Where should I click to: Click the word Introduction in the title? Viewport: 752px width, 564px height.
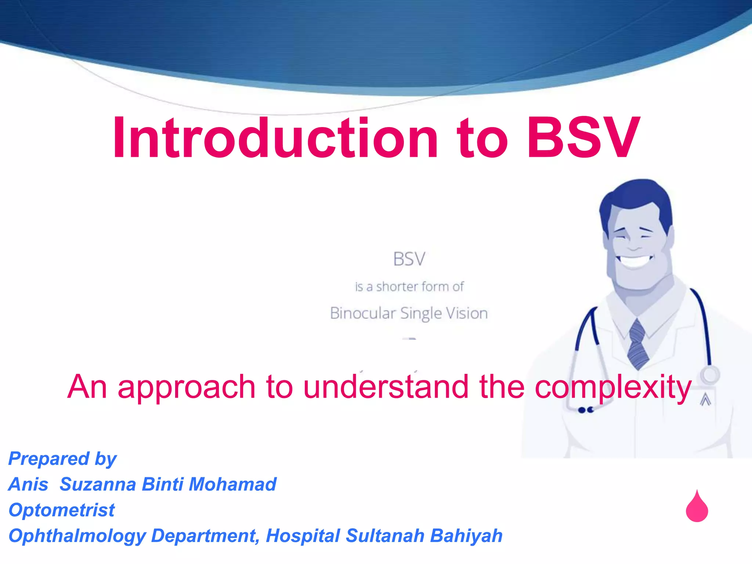275,138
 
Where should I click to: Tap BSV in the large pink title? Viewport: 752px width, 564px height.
584,138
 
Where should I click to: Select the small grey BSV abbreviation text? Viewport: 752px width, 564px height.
409,259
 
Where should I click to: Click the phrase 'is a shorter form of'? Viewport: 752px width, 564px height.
409,287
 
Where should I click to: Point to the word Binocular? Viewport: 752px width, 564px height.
362,314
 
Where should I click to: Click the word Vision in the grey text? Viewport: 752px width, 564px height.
467,314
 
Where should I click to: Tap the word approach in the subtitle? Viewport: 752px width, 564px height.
187,387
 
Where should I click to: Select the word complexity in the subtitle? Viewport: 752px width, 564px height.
613,387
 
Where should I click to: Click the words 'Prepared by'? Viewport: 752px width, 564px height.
62,459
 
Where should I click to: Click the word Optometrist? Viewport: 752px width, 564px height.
62,510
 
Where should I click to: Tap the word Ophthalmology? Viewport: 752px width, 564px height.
77,536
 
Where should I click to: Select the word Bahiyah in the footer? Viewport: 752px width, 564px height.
466,536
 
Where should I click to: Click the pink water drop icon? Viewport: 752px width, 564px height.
697,509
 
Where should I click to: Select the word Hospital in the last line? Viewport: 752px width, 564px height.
303,536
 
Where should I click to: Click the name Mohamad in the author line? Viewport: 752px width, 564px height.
232,484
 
